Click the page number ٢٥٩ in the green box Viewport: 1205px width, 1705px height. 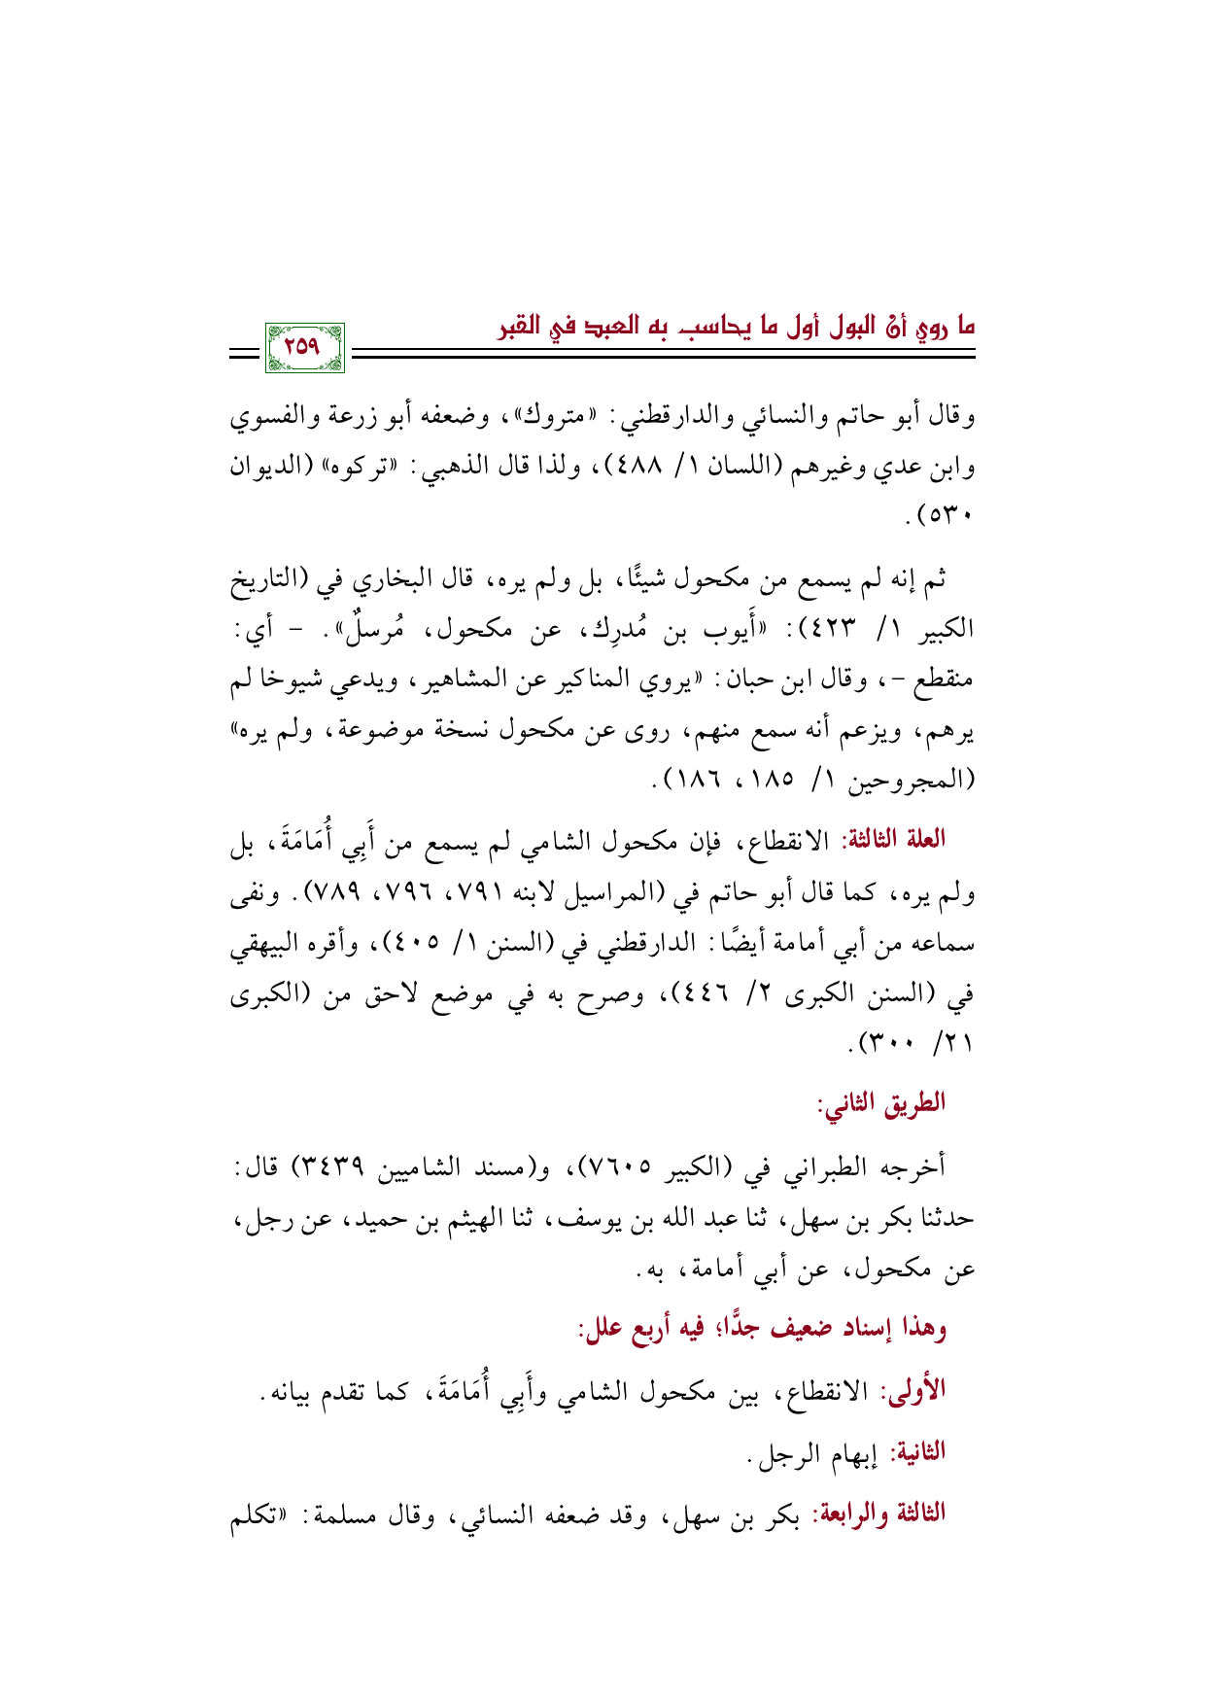pyautogui.click(x=303, y=347)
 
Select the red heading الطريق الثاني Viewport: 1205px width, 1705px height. pyautogui.click(x=881, y=1102)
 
